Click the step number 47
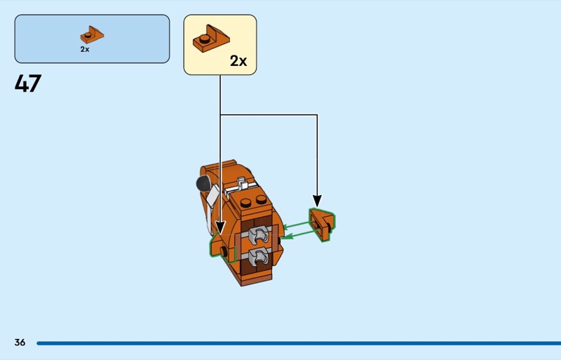28,84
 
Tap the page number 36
20,342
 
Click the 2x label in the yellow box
238,61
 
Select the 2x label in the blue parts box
85,49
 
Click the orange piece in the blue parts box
92,35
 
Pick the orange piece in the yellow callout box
211,39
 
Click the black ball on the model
203,183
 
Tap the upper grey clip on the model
259,234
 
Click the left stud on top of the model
246,202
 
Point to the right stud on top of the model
261,199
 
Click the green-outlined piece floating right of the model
322,225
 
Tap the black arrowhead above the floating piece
317,201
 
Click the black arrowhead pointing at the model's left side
220,228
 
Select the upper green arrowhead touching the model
287,227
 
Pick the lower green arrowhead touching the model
285,236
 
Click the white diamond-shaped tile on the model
213,196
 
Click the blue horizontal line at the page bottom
299,343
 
